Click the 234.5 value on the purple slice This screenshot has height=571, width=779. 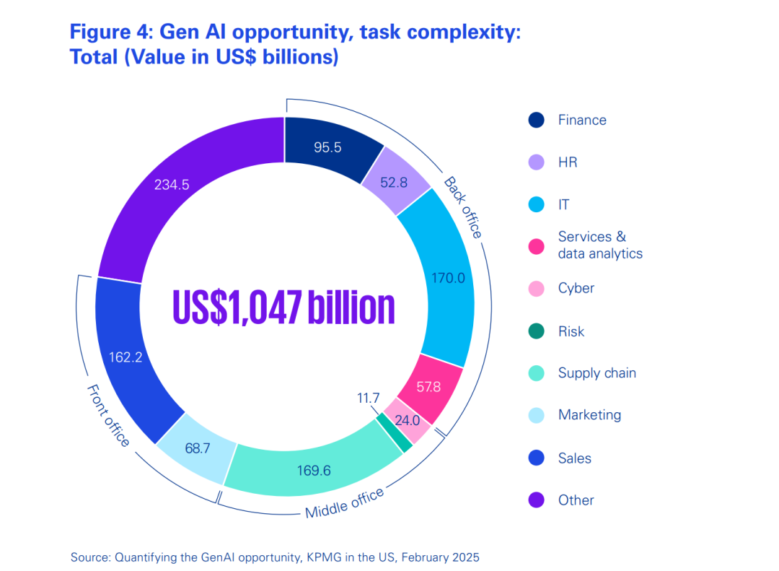[172, 185]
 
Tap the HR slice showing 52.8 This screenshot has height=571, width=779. [394, 183]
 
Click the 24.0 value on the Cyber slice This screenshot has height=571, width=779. [408, 419]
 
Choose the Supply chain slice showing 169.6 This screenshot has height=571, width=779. [314, 471]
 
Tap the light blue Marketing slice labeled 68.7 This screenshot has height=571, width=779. [197, 448]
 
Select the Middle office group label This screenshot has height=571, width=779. [344, 503]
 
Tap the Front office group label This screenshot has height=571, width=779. [108, 415]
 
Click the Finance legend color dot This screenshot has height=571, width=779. [536, 121]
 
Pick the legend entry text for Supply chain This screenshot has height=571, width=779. [597, 373]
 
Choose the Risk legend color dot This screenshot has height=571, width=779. [536, 332]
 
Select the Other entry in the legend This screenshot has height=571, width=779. [576, 500]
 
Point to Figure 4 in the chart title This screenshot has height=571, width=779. [107, 32]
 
